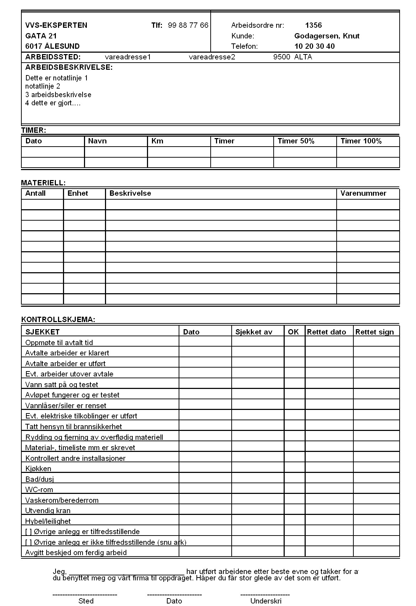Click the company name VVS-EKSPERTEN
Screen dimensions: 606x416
56,25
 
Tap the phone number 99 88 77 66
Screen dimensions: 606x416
188,25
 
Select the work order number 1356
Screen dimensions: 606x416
313,25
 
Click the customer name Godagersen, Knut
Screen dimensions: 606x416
327,36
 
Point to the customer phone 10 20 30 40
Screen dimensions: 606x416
314,46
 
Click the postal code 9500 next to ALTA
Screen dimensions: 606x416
281,57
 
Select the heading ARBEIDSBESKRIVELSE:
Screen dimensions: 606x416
69,67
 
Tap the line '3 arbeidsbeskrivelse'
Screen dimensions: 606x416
58,95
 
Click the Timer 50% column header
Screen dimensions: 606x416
296,141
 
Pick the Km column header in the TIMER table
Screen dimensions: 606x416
157,141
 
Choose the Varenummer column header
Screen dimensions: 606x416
363,193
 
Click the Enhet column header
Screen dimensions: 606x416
78,193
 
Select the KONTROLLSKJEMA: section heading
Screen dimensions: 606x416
58,319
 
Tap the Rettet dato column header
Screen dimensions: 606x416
326,332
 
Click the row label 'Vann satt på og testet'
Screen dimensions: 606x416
62,384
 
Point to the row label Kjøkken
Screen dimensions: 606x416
38,469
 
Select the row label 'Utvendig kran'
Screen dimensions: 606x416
48,511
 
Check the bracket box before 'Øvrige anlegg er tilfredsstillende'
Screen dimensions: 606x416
28,532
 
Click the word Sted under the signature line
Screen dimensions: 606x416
86,601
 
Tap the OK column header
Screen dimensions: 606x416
293,332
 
